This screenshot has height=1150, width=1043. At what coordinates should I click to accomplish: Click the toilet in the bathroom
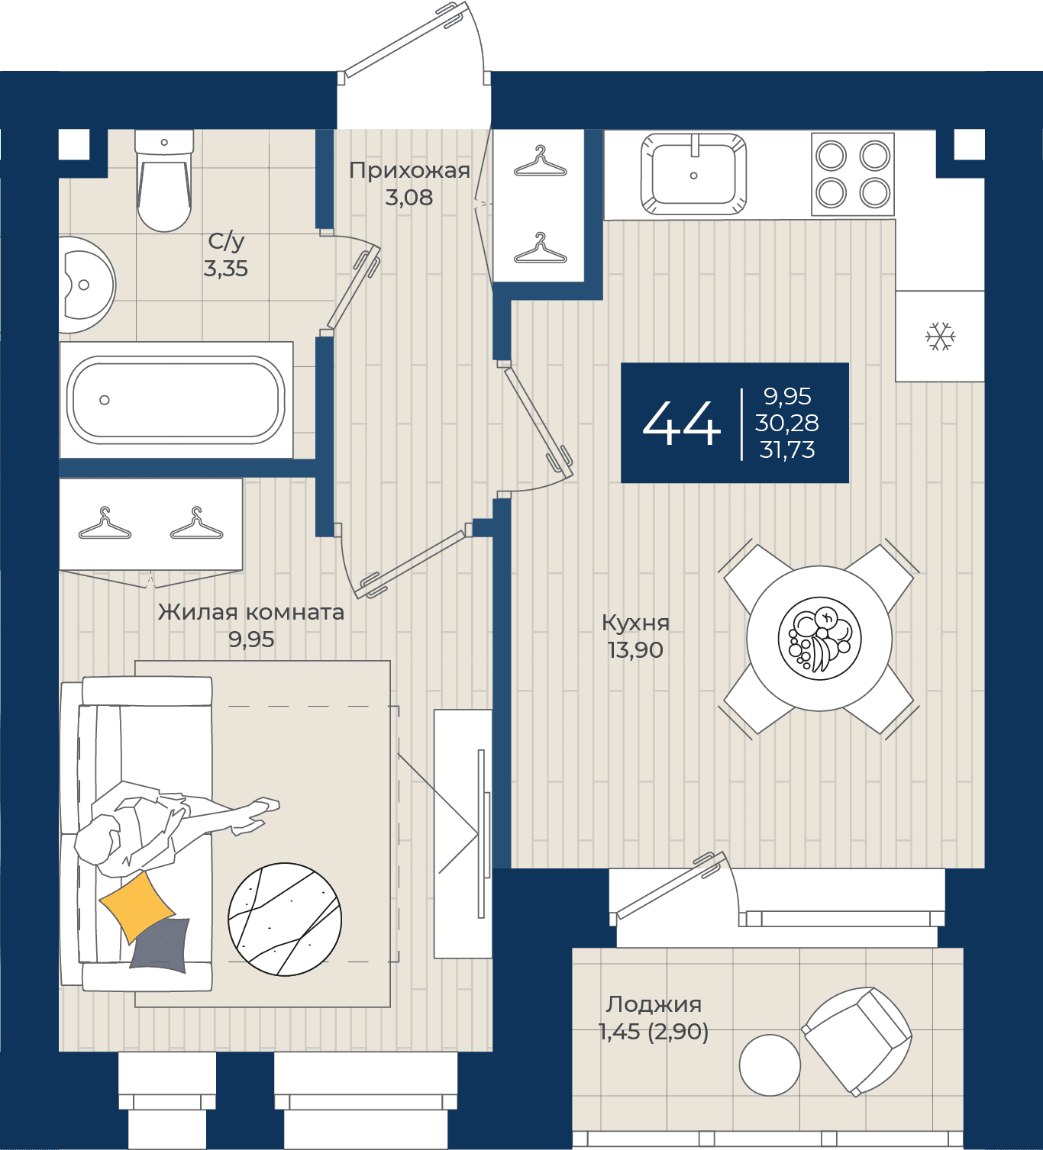point(164,181)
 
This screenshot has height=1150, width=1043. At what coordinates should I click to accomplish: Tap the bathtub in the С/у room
point(176,400)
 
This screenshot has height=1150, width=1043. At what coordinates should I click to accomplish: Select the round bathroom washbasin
point(86,285)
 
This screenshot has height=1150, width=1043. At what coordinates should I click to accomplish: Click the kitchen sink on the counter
point(693,174)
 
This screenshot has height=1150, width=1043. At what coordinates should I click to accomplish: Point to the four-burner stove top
point(853,174)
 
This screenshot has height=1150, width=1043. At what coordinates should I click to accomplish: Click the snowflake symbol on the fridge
point(941,337)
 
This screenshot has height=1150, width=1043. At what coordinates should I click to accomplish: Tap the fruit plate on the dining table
point(819,639)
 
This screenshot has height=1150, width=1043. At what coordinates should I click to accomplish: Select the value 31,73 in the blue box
point(787,450)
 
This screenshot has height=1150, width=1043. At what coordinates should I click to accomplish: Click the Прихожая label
point(409,170)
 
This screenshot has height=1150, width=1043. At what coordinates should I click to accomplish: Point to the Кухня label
point(636,623)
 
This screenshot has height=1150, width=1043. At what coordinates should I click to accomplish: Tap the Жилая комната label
point(251,612)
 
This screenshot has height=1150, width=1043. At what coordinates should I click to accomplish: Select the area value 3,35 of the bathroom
point(226,269)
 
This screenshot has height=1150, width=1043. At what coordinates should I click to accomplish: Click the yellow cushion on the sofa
point(137,907)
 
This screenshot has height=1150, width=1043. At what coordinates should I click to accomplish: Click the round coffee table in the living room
point(285,920)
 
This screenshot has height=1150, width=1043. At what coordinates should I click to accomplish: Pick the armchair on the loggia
point(857,1041)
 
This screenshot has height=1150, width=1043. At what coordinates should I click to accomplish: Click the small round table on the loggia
point(770,1065)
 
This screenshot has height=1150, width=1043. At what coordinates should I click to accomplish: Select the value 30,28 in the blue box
point(786,423)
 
